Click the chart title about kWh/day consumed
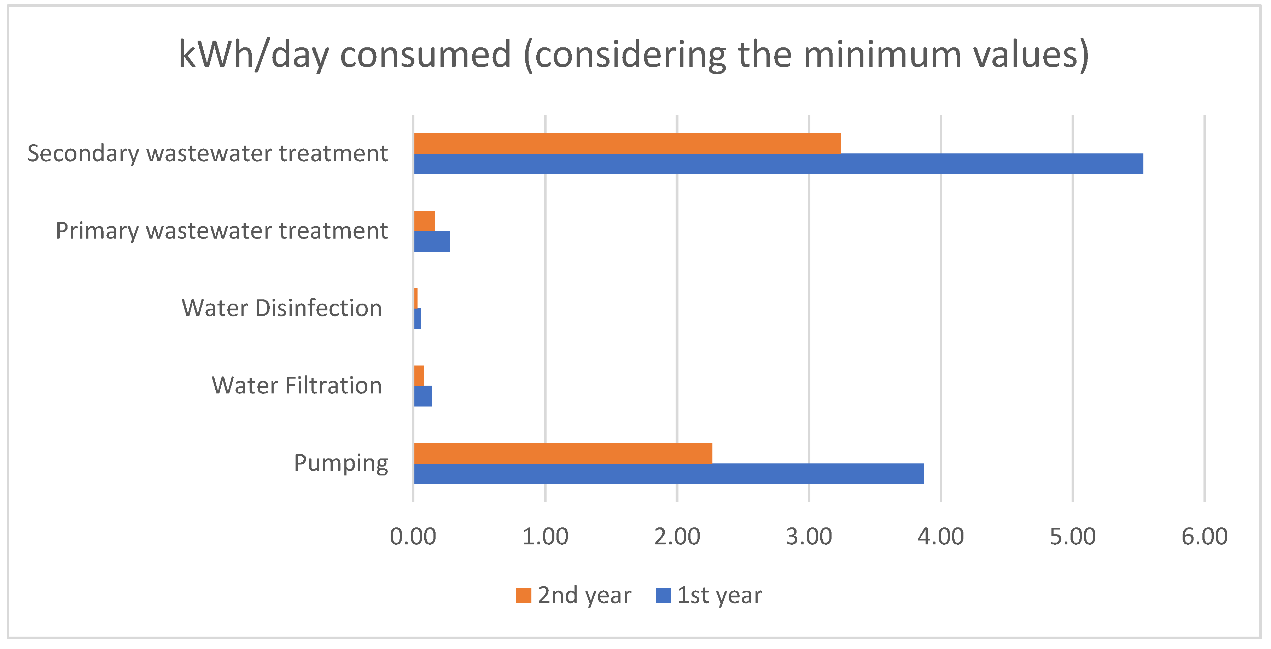[x=634, y=54]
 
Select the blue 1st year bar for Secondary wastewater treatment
[x=778, y=164]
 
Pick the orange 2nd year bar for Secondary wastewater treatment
[x=626, y=143]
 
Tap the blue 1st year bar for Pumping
[x=669, y=473]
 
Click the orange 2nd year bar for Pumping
[x=562, y=453]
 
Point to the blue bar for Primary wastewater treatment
[x=432, y=241]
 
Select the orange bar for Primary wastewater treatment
[x=424, y=221]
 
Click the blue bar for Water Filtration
[x=423, y=396]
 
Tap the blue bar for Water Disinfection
[x=418, y=318]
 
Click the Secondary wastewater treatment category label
[x=207, y=153]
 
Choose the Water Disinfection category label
[x=282, y=308]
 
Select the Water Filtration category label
[x=297, y=386]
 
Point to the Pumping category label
[x=341, y=463]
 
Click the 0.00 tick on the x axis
[x=413, y=537]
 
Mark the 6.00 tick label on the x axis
[x=1205, y=537]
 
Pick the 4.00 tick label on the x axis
[x=940, y=537]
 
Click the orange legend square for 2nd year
[x=524, y=595]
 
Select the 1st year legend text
[x=719, y=595]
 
